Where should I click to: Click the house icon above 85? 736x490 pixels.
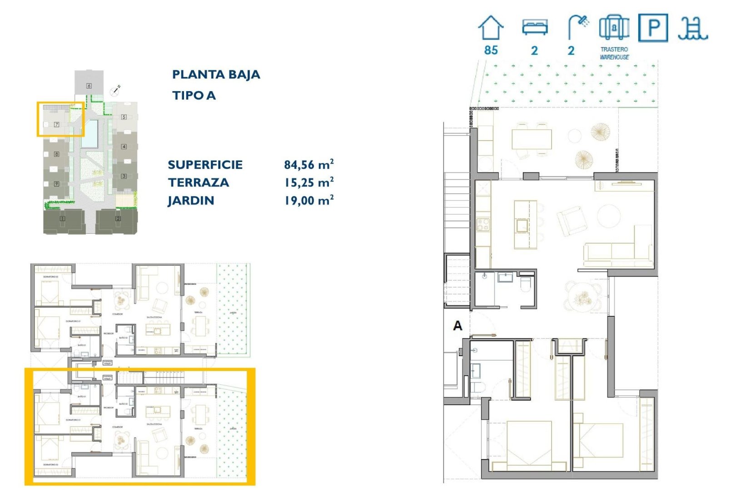(x=491, y=28)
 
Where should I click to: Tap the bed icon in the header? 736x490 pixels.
(x=535, y=27)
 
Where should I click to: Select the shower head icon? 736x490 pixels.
(x=578, y=27)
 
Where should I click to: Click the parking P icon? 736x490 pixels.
(x=653, y=28)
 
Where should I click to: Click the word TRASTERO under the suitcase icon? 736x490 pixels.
(x=614, y=49)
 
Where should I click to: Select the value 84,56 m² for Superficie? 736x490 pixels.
(x=309, y=164)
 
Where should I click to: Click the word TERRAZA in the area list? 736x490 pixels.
(x=199, y=182)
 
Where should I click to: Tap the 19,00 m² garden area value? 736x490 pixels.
(x=309, y=200)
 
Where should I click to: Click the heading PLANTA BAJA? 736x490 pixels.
(x=216, y=74)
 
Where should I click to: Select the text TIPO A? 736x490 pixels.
(x=194, y=95)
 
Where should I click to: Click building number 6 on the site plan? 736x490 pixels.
(x=89, y=86)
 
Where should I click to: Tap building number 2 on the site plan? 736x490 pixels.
(x=118, y=218)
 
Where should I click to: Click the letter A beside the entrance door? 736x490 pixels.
(x=458, y=325)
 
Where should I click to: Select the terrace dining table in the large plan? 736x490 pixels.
(x=532, y=139)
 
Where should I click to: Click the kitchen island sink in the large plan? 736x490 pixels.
(x=522, y=225)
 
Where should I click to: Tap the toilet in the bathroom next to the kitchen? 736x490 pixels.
(x=526, y=284)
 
